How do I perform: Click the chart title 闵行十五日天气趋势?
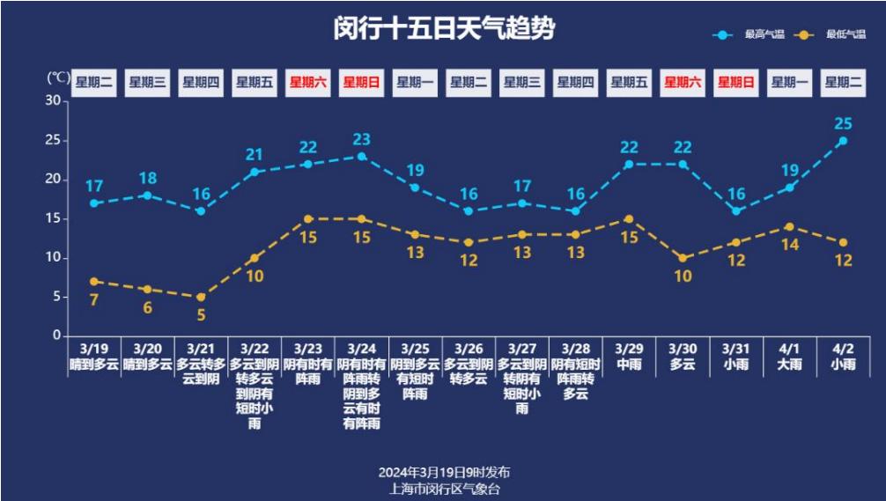(444, 29)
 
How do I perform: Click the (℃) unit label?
(57, 78)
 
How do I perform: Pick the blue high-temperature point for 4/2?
(843, 141)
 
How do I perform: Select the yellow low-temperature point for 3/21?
(201, 297)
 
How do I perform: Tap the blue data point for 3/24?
(361, 157)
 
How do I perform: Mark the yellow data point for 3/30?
(683, 258)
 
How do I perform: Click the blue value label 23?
(361, 139)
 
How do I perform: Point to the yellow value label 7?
(93, 300)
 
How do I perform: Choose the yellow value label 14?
(790, 245)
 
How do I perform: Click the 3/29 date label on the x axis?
(629, 349)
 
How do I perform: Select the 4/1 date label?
(790, 349)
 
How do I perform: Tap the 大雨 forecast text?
(790, 364)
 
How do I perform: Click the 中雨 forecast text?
(629, 364)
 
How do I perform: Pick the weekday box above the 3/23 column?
(307, 83)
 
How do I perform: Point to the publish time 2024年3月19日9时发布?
(444, 472)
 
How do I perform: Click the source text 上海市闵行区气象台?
(444, 488)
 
